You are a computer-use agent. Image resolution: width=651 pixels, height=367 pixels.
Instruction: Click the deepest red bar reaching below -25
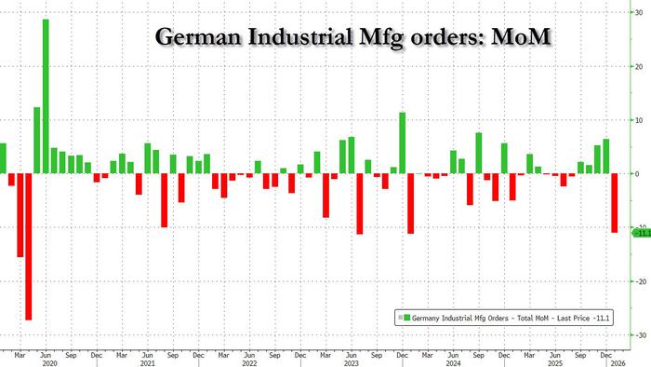coord(29,246)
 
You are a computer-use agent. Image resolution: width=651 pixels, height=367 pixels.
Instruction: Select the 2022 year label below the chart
coord(248,363)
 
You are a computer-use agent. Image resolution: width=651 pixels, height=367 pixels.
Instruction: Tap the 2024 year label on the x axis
coord(453,363)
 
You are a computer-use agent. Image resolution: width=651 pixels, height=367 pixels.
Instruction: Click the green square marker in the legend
coord(399,319)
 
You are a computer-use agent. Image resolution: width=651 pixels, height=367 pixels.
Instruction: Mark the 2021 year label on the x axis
coord(147,363)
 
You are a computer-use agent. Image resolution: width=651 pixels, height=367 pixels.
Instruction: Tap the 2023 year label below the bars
coord(350,363)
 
